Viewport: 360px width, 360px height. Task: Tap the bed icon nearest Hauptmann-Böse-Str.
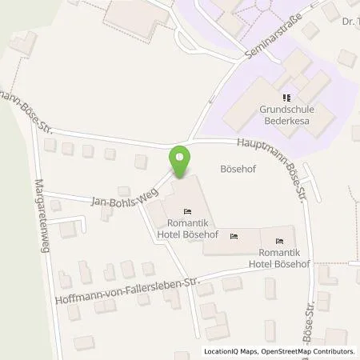coord(278,240)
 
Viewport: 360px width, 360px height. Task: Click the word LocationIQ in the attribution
coord(222,351)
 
